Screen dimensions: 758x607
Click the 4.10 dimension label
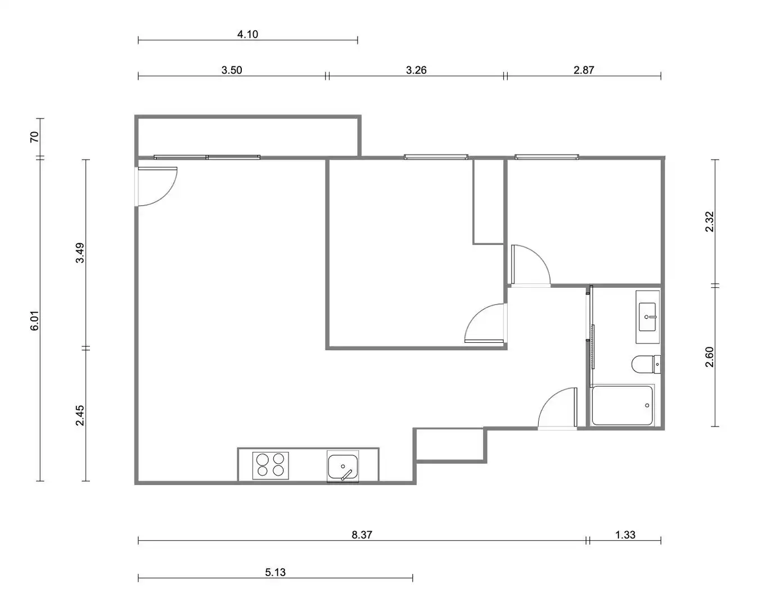247,34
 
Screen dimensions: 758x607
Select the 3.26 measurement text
416,70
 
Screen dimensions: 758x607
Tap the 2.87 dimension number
584,70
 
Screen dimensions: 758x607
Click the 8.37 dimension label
362,535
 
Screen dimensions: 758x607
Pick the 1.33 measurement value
625,535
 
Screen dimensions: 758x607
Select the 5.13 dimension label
275,572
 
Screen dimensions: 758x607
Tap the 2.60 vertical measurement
710,357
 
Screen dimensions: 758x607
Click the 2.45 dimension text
80,415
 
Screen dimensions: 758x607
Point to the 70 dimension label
34,137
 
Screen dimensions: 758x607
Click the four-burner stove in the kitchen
270,465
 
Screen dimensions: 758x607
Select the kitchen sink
342,466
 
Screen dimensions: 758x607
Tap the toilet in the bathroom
646,364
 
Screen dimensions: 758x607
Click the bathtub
622,406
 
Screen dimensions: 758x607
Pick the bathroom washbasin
647,317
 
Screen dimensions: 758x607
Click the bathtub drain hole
647,406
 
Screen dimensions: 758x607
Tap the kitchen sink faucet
346,475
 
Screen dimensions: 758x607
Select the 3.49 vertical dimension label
80,253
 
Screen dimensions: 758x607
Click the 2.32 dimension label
710,221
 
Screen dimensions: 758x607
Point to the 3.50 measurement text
232,70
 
